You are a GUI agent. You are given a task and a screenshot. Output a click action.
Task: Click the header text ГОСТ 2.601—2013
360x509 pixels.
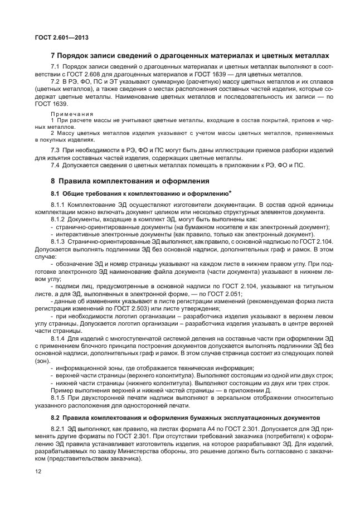click(x=53, y=37)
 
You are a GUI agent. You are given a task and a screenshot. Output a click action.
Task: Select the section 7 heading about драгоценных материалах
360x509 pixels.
click(x=190, y=55)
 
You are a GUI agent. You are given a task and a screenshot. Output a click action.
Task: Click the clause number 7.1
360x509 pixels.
click(x=55, y=67)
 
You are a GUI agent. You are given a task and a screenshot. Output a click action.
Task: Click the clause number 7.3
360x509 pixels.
click(x=55, y=151)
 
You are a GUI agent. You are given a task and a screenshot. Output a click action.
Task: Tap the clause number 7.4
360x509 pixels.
click(x=55, y=166)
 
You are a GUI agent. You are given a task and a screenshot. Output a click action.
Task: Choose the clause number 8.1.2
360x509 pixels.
click(x=58, y=220)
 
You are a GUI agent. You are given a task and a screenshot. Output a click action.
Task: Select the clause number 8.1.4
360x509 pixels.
click(x=58, y=338)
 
